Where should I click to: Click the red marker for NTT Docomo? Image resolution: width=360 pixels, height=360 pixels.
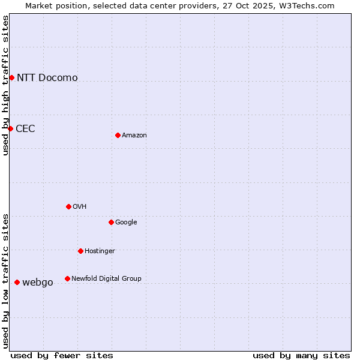tap(11, 77)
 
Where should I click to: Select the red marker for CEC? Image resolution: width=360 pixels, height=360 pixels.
tap(10, 128)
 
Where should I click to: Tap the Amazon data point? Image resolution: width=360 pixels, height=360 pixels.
tap(118, 135)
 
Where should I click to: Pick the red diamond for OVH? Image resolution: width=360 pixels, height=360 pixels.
tap(68, 206)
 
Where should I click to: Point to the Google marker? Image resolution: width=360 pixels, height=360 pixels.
tap(111, 222)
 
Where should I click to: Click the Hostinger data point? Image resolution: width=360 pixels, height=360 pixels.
tap(80, 251)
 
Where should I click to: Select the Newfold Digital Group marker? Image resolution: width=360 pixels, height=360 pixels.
tap(67, 278)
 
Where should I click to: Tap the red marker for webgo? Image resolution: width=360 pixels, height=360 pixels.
tap(17, 282)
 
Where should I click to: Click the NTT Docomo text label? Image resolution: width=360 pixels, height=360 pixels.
tap(47, 77)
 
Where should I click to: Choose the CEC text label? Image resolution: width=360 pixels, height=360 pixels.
tap(25, 128)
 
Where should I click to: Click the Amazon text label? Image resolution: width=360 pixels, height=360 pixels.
tap(134, 135)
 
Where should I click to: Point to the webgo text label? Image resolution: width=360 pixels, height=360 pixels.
tap(38, 282)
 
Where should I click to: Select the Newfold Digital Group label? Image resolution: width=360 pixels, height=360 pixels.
tap(106, 278)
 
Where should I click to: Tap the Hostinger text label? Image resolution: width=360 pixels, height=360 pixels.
tap(100, 251)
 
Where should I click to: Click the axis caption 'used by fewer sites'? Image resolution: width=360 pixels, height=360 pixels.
tap(62, 355)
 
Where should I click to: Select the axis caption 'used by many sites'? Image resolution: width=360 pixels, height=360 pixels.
tap(301, 355)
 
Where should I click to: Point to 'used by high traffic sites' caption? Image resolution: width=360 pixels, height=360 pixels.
tap(6, 85)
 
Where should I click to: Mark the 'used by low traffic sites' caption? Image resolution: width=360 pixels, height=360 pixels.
tap(6, 281)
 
